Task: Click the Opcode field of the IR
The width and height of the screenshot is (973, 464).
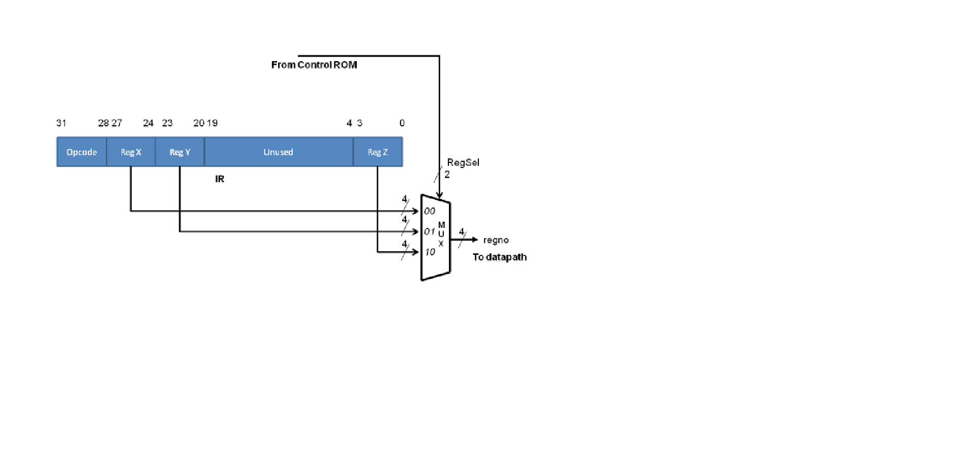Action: click(81, 152)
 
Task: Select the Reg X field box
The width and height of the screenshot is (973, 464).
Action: click(131, 152)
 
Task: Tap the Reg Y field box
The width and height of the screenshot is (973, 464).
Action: click(179, 152)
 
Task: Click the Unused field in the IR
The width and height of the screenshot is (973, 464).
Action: click(278, 152)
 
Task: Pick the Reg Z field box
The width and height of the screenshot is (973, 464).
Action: click(378, 152)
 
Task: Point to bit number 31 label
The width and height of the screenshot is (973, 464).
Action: click(61, 123)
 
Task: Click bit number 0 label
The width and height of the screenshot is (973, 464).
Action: click(402, 123)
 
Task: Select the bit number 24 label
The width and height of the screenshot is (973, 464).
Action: click(148, 123)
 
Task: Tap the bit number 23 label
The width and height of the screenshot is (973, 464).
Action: click(167, 123)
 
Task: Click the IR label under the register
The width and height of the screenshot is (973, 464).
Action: click(220, 179)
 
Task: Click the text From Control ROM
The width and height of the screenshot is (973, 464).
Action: click(314, 65)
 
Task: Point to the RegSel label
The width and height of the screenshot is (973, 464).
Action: click(463, 163)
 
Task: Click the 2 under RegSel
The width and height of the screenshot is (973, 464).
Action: click(447, 175)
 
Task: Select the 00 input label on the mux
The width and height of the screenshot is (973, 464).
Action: click(430, 211)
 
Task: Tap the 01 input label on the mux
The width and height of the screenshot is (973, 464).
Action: click(430, 231)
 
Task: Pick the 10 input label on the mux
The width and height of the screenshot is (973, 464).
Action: click(430, 252)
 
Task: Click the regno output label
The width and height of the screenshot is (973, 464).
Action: click(496, 240)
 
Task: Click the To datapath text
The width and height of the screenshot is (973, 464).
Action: click(499, 257)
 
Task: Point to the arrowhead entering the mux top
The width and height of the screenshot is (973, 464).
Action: click(439, 195)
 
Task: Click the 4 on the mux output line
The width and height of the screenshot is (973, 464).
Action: click(462, 232)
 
